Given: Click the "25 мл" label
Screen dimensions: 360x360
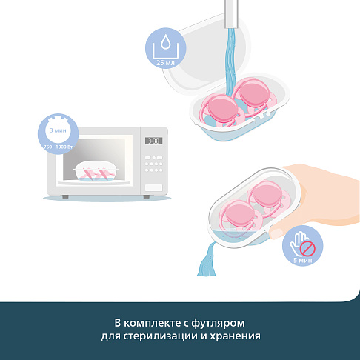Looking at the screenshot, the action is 165,63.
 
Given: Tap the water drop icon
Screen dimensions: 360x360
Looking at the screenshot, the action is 165,41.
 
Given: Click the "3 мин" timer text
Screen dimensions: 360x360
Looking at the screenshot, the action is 58,130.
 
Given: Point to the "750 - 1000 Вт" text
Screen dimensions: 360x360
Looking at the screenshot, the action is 58,147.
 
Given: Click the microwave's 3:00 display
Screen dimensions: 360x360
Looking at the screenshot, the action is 153,141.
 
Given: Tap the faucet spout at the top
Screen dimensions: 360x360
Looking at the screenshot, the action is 231,14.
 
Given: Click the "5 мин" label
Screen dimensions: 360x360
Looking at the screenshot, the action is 303,260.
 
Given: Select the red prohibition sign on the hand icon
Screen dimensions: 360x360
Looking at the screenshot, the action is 307,248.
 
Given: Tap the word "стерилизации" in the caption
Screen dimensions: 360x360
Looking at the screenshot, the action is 160,336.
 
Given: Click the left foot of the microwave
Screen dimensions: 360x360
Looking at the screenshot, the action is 65,196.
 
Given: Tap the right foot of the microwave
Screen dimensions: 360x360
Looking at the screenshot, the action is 147,196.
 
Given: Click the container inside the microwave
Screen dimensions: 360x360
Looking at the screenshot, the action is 96,172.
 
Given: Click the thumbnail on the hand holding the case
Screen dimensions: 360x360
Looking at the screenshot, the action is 276,233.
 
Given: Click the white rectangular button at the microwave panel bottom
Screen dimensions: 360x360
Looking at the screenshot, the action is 153,188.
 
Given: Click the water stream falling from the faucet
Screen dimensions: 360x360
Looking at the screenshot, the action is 231,61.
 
